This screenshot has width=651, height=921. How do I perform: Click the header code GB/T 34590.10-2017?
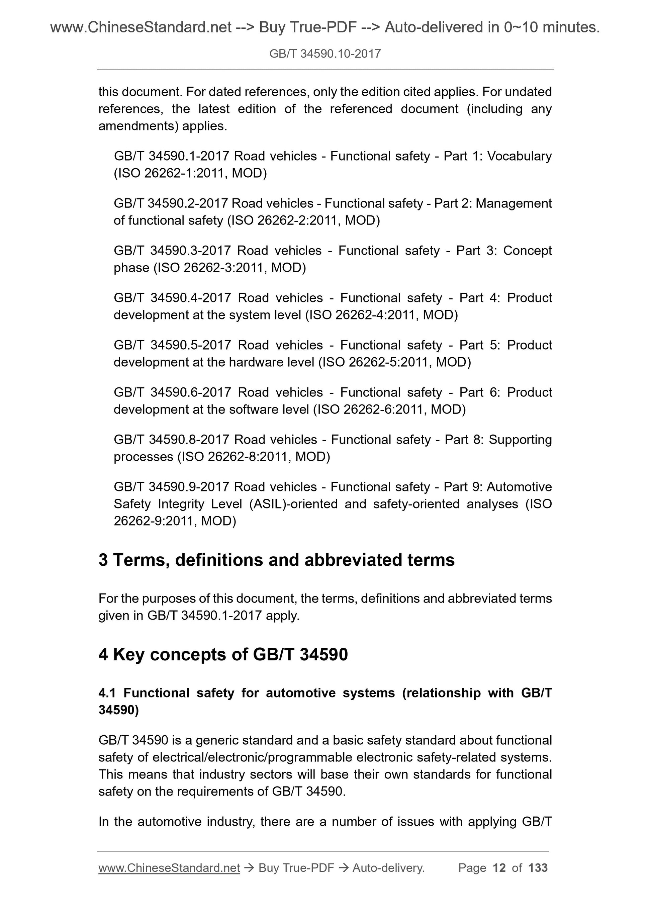click(325, 54)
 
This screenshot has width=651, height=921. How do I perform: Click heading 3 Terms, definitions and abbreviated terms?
click(276, 560)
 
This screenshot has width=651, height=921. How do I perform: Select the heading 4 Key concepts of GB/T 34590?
click(223, 654)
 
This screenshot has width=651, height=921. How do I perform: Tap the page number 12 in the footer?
click(499, 868)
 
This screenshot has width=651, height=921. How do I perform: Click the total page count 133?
click(538, 868)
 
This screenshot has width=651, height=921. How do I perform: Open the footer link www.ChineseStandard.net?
click(169, 868)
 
